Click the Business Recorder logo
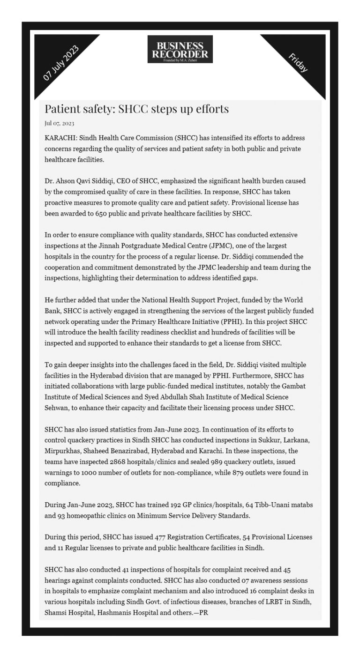[180, 49]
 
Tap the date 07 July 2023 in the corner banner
[61, 64]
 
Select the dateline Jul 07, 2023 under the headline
[60, 123]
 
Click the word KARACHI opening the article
[60, 138]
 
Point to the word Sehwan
[57, 408]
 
